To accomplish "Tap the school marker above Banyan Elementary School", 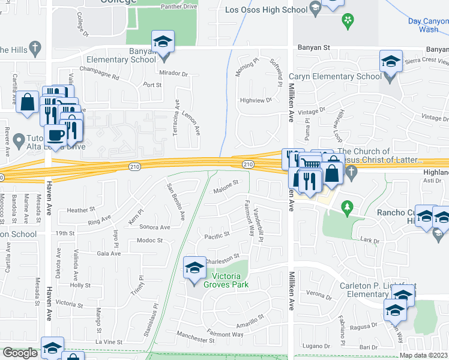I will [x=163, y=41].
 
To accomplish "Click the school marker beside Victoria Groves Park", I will [x=194, y=269].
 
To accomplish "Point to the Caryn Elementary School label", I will [x=335, y=76].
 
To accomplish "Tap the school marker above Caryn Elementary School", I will [x=391, y=61].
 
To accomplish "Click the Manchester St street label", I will [x=195, y=340].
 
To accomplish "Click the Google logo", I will [x=20, y=353].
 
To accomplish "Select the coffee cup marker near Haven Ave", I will [x=56, y=136].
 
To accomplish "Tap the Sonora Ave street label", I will [x=155, y=227].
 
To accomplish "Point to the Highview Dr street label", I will [x=253, y=101].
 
